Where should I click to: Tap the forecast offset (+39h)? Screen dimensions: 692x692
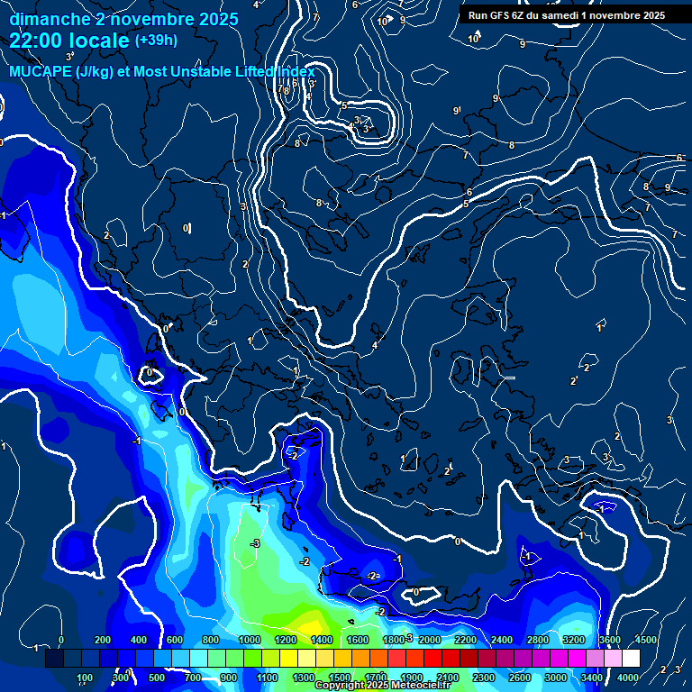coord(156,41)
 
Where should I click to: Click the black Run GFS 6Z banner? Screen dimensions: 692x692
coord(565,14)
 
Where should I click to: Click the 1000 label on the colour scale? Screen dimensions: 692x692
coord(250,640)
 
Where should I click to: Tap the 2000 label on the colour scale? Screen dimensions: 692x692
coord(430,640)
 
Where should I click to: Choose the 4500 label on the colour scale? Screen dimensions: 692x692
coord(646,640)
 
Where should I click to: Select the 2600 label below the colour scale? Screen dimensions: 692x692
coord(520,678)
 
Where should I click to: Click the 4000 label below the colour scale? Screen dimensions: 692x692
coord(628,678)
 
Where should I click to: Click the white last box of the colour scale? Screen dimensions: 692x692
coord(630,659)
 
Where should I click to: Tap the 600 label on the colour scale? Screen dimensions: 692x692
coord(174,640)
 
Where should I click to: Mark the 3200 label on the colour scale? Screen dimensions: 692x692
coord(574,640)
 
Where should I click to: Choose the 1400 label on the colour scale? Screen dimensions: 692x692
coord(322,640)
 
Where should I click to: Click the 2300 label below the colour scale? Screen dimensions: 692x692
coord(484,678)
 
